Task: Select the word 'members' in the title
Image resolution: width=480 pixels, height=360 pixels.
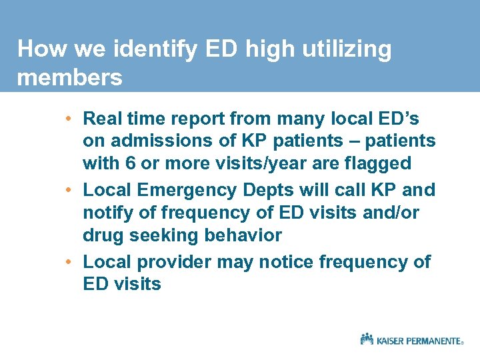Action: coord(70,78)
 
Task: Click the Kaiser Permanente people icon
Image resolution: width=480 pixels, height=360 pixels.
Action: coord(367,339)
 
